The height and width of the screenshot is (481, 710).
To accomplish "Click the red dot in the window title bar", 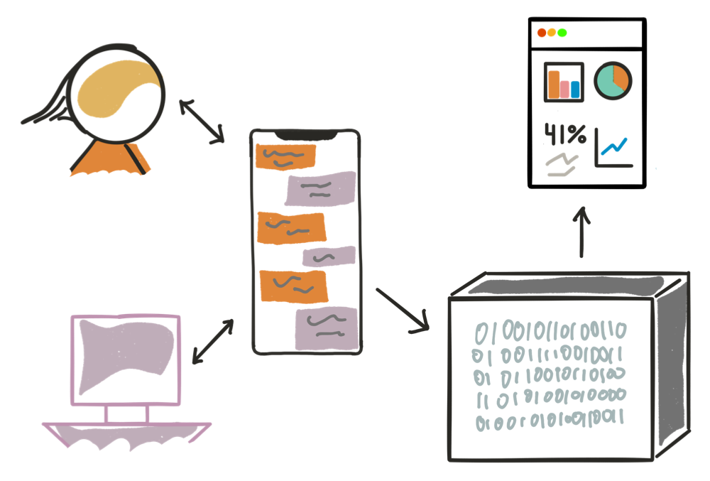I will pyautogui.click(x=542, y=33).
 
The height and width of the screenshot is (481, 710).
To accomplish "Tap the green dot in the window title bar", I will pyautogui.click(x=562, y=33).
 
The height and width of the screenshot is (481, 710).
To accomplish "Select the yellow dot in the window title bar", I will pyautogui.click(x=552, y=33).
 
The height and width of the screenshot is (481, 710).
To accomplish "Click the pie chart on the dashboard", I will pyautogui.click(x=612, y=80).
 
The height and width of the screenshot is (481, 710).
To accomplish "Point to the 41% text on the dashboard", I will pyautogui.click(x=565, y=134).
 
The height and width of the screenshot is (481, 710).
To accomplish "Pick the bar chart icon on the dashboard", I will pyautogui.click(x=564, y=82).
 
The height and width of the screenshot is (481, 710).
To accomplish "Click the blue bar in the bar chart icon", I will pyautogui.click(x=575, y=90).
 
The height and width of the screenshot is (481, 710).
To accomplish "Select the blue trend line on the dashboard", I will pyautogui.click(x=613, y=146).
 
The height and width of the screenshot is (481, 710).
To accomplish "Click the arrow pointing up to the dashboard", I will pyautogui.click(x=582, y=232).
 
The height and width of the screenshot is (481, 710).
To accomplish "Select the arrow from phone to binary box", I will pyautogui.click(x=403, y=310).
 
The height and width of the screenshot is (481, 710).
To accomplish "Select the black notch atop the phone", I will pyautogui.click(x=306, y=134).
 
